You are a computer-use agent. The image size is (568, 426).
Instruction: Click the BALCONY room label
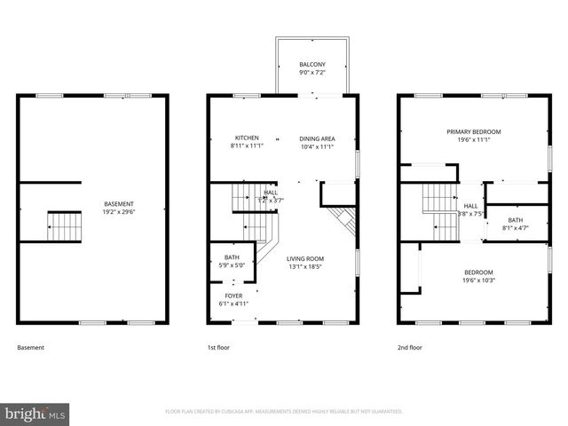tap(312, 65)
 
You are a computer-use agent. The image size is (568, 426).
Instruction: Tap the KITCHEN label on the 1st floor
tap(246, 138)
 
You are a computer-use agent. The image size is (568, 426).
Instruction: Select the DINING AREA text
tap(317, 138)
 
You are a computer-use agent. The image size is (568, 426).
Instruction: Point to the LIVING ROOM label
tap(304, 258)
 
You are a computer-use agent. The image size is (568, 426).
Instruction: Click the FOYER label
tap(233, 296)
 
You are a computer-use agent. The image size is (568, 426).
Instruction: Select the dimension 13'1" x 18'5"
tap(304, 266)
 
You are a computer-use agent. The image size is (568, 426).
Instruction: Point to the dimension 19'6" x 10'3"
tap(477, 280)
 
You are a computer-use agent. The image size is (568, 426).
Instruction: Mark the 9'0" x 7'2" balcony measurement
tap(312, 72)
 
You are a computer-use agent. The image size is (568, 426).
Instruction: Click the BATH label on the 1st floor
tap(232, 257)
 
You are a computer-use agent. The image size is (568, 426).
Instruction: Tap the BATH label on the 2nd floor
tap(515, 220)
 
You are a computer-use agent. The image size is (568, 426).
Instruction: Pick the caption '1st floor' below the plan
tap(217, 348)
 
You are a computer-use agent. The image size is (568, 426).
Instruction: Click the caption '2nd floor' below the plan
tap(410, 348)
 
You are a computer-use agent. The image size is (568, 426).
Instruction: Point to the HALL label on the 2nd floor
tap(470, 205)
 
